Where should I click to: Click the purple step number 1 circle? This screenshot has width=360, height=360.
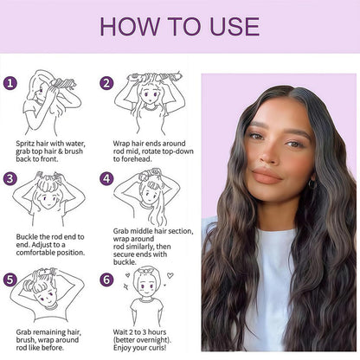click(x=10, y=83)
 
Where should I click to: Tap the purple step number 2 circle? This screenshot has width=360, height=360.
click(x=106, y=83)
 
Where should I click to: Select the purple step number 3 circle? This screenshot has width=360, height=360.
click(x=10, y=178)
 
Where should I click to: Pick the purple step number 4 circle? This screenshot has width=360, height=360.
click(x=106, y=178)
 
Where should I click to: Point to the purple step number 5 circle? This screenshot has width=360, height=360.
click(x=10, y=280)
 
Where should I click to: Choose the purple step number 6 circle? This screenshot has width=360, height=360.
click(x=106, y=280)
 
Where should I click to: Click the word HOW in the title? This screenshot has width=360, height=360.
click(x=130, y=27)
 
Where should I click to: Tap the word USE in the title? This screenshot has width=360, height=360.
click(x=235, y=27)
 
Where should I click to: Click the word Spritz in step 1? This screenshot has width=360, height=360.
click(x=25, y=144)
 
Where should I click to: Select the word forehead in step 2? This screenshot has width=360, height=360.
click(x=136, y=159)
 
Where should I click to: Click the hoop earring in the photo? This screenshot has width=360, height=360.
click(x=312, y=184)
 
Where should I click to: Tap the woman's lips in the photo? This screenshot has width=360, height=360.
click(x=267, y=176)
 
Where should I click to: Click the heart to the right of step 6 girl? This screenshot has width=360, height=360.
click(x=170, y=275)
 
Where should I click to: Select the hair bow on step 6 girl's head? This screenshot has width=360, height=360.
click(x=146, y=271)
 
